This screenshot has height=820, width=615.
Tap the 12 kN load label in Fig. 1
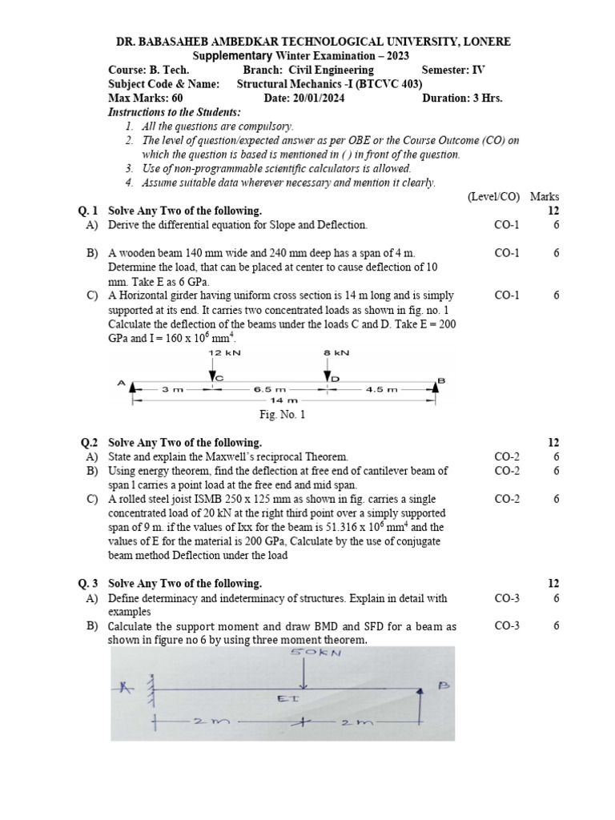coord(220,352)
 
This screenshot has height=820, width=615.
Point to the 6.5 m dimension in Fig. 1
coord(269,389)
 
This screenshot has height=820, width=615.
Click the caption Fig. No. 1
coord(282,415)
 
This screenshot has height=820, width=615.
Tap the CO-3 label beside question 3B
coord(507,626)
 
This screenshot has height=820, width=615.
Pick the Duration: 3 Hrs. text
coord(462,98)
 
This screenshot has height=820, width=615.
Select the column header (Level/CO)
coord(492,196)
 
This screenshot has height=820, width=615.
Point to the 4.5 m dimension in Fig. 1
coord(381,389)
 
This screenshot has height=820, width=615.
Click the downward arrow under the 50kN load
coord(303,673)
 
